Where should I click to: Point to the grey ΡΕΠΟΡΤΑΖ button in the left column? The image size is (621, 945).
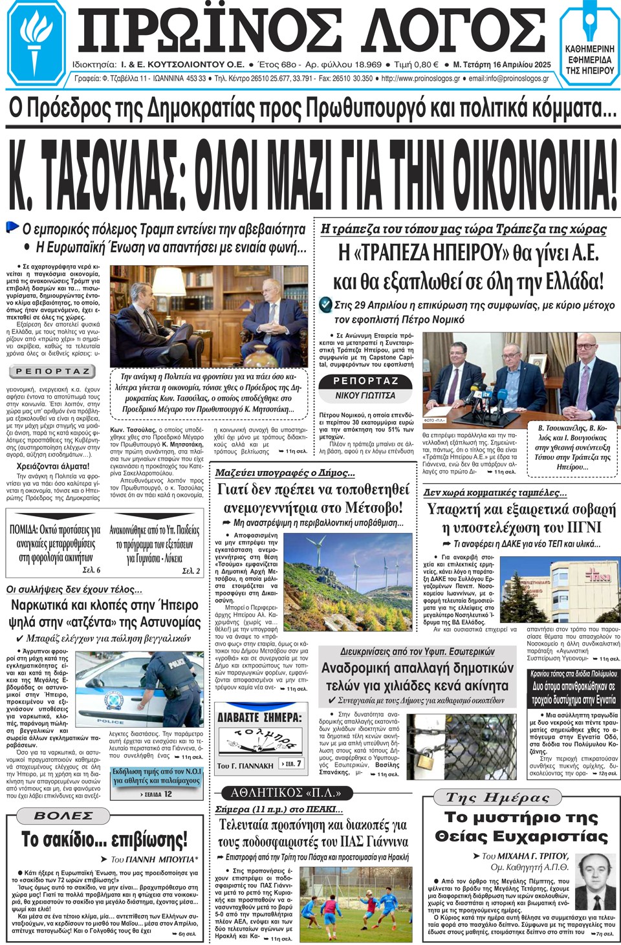coord(52,371)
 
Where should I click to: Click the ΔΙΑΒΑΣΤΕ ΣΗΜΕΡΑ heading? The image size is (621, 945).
coord(259,717)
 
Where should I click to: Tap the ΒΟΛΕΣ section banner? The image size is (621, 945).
coord(63,816)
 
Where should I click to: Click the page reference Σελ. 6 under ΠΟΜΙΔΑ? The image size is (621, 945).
coord(91,570)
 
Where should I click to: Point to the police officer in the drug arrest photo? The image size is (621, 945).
coord(173,686)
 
